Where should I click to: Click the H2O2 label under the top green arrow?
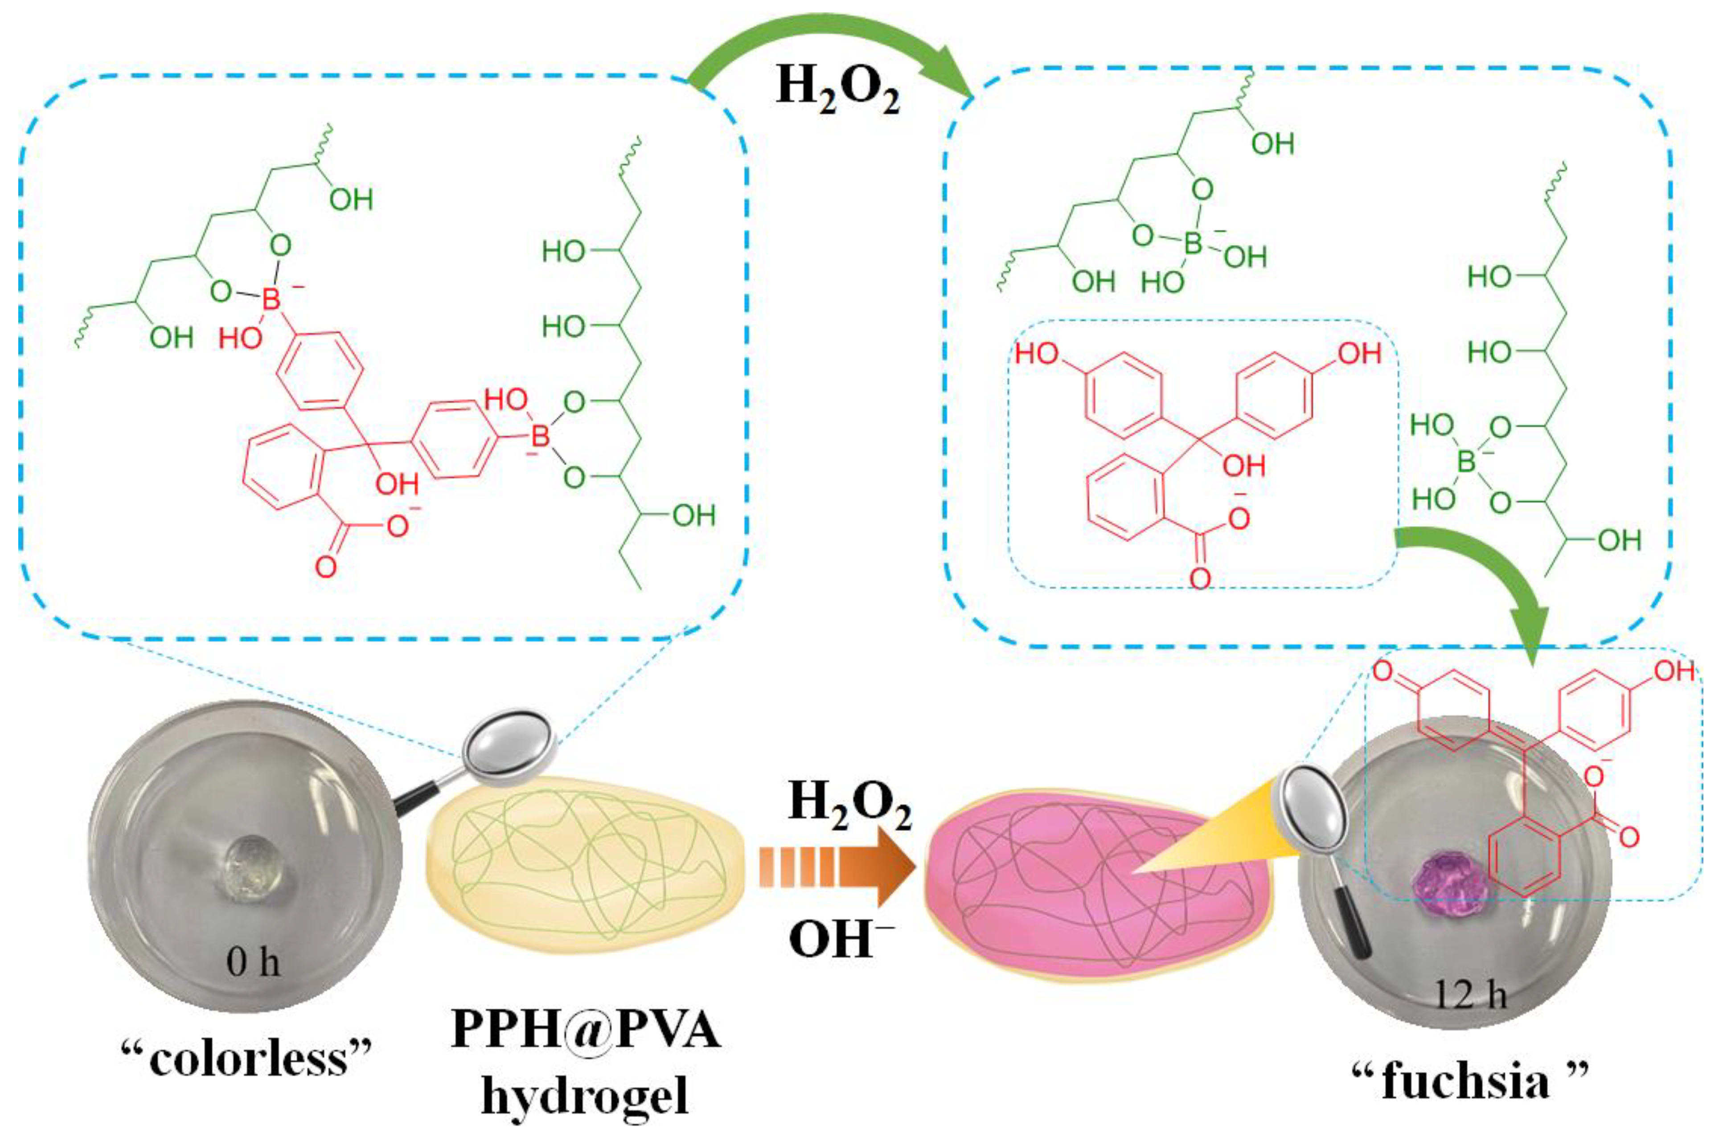tap(837, 93)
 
